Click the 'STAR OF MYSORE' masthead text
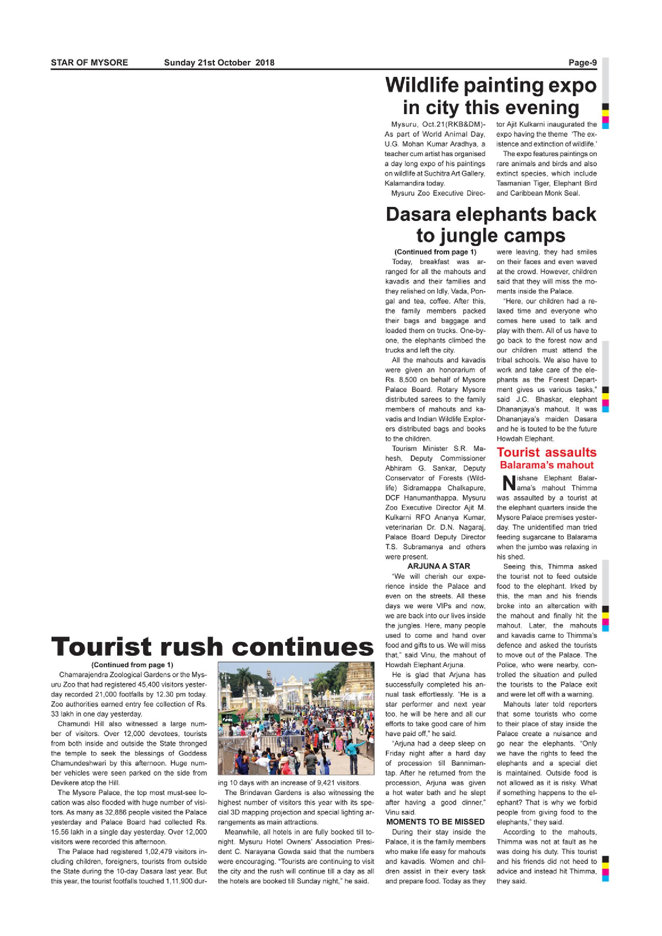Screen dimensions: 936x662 89,62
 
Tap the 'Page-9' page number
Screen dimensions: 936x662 582,62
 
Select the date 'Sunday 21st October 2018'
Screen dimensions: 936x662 219,62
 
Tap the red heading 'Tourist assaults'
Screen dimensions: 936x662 546,452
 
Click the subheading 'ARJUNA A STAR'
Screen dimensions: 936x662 438,566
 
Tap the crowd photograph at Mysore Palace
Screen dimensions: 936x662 296,718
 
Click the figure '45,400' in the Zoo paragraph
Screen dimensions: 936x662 149,685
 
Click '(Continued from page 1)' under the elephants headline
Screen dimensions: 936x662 435,252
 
